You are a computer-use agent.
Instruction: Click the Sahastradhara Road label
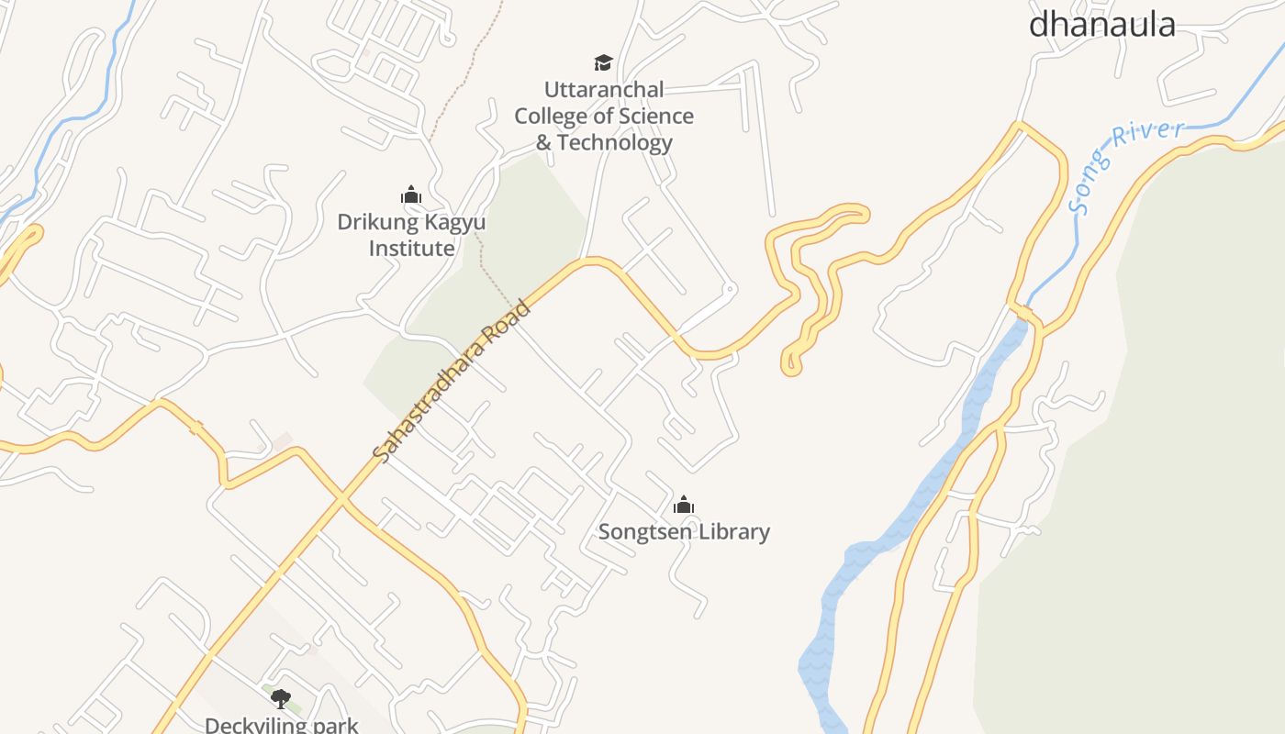point(453,380)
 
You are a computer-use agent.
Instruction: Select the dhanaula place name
point(1101,24)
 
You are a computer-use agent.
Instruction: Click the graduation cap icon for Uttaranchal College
point(603,62)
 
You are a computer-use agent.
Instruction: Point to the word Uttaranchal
point(604,90)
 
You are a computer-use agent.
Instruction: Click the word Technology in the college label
point(615,142)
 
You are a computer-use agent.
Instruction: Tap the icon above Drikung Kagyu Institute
point(411,195)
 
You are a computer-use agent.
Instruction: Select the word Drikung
point(374,222)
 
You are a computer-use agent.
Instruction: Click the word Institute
point(412,248)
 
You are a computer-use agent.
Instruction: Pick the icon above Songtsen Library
point(684,505)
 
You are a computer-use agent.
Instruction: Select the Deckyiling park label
point(281,725)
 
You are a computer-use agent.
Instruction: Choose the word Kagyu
point(452,222)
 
